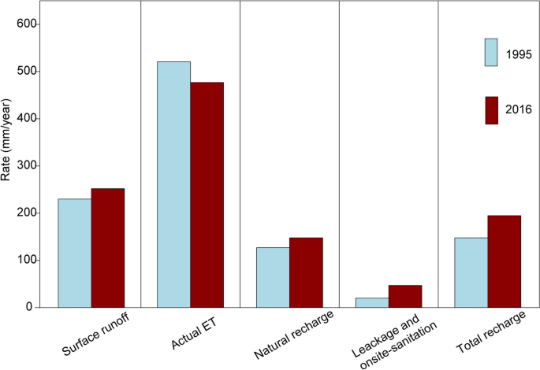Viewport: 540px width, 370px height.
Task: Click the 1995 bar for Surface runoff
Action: click(x=75, y=253)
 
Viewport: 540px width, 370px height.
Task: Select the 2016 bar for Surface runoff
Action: click(x=108, y=248)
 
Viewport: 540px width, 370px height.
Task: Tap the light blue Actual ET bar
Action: click(x=174, y=184)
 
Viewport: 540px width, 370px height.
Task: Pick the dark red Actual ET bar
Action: click(x=207, y=194)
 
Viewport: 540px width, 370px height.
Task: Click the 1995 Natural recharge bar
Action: click(x=273, y=277)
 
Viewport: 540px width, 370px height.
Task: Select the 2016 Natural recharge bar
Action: click(x=306, y=272)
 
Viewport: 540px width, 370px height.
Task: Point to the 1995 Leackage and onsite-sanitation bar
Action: click(x=372, y=302)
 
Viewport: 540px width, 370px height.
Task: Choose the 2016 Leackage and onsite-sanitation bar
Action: click(x=405, y=296)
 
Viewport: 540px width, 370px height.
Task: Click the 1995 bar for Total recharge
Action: click(x=471, y=272)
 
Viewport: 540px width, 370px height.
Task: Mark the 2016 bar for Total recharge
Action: click(x=505, y=261)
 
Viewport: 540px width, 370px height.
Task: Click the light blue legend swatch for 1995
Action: click(x=491, y=53)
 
